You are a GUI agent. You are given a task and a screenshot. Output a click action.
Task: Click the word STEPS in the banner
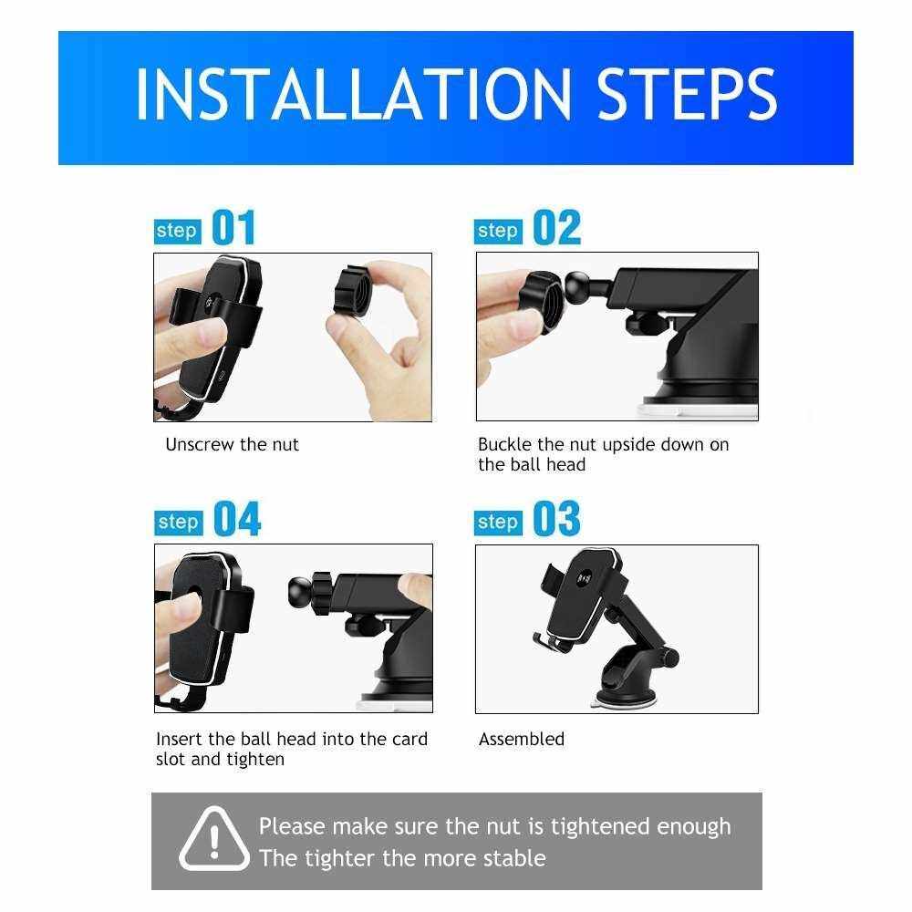click(687, 94)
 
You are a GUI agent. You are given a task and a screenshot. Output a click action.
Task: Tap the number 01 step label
click(233, 227)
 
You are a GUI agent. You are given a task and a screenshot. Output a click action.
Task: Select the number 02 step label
click(556, 227)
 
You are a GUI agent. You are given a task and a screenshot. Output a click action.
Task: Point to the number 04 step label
click(237, 519)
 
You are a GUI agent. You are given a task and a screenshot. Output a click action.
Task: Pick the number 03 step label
click(556, 519)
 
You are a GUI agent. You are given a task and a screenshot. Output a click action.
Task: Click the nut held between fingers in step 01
click(353, 291)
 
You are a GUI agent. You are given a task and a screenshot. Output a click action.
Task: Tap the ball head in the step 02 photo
click(578, 288)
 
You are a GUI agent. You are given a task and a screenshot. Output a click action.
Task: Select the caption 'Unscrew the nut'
click(232, 445)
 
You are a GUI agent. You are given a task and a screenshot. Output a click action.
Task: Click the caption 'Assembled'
click(522, 740)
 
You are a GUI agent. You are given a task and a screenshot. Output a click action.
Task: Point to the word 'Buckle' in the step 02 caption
click(505, 445)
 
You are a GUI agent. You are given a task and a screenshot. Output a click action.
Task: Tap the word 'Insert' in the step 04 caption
click(180, 740)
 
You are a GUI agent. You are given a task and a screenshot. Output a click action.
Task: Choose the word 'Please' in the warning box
click(292, 827)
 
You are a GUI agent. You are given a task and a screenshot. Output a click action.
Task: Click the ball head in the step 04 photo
click(303, 592)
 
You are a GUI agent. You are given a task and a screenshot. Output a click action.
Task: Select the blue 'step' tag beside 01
click(178, 231)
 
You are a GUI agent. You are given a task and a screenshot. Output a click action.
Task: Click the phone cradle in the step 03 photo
click(582, 599)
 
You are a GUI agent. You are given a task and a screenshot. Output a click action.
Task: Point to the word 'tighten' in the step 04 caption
click(255, 760)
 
